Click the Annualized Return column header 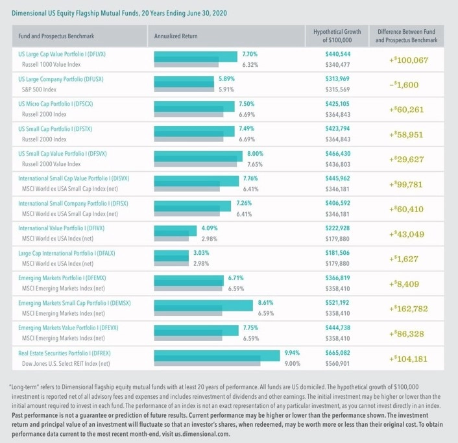(x=176, y=36)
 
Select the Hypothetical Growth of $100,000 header (x=337, y=36)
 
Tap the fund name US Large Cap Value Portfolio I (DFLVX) (x=62, y=54)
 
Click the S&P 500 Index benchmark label (x=39, y=90)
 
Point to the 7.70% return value (x=250, y=54)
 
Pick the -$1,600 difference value (x=404, y=85)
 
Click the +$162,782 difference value (x=408, y=309)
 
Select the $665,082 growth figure (x=337, y=353)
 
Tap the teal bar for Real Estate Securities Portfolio (x=217, y=355)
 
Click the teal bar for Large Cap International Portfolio (x=171, y=256)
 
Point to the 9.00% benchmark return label (x=293, y=364)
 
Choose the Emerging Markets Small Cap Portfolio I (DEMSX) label (x=75, y=303)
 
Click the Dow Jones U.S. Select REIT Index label (x=66, y=364)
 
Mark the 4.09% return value (x=210, y=228)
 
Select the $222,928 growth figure (x=337, y=228)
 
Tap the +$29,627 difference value (x=406, y=160)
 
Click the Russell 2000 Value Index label (x=51, y=164)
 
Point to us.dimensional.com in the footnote (x=202, y=434)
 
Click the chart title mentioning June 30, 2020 (x=119, y=13)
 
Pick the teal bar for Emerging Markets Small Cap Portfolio (x=203, y=305)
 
